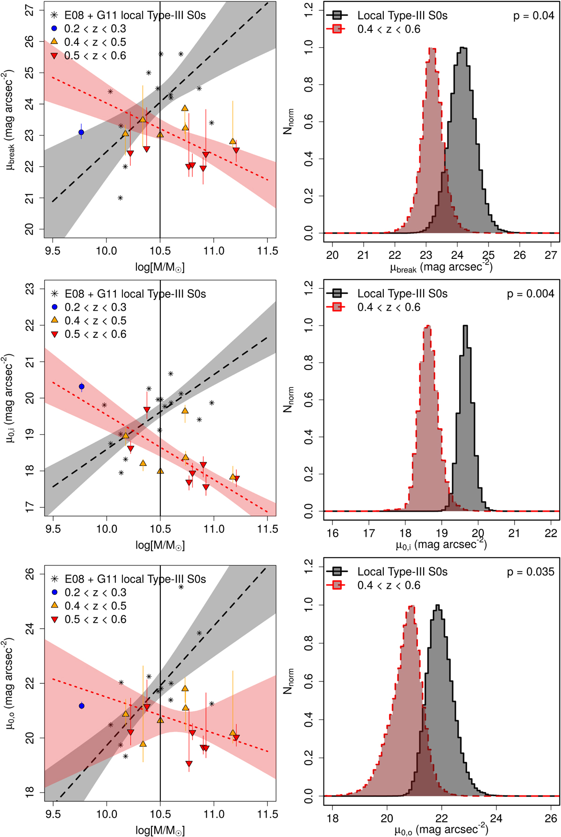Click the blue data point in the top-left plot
[x=81, y=132]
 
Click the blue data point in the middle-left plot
[x=82, y=387]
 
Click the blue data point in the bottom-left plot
[x=82, y=706]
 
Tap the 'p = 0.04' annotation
[x=533, y=16]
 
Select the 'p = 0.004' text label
[x=531, y=294]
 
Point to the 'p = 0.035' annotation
[x=531, y=572]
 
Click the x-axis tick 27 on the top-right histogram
[x=551, y=255]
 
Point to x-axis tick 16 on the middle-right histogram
[x=332, y=533]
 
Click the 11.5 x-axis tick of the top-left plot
[x=267, y=251]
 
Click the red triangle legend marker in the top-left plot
[x=54, y=56]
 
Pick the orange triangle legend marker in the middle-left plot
[x=54, y=321]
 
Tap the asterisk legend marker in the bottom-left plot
[x=54, y=579]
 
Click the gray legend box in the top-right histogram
[x=337, y=15]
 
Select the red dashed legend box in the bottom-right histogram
[x=337, y=585]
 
